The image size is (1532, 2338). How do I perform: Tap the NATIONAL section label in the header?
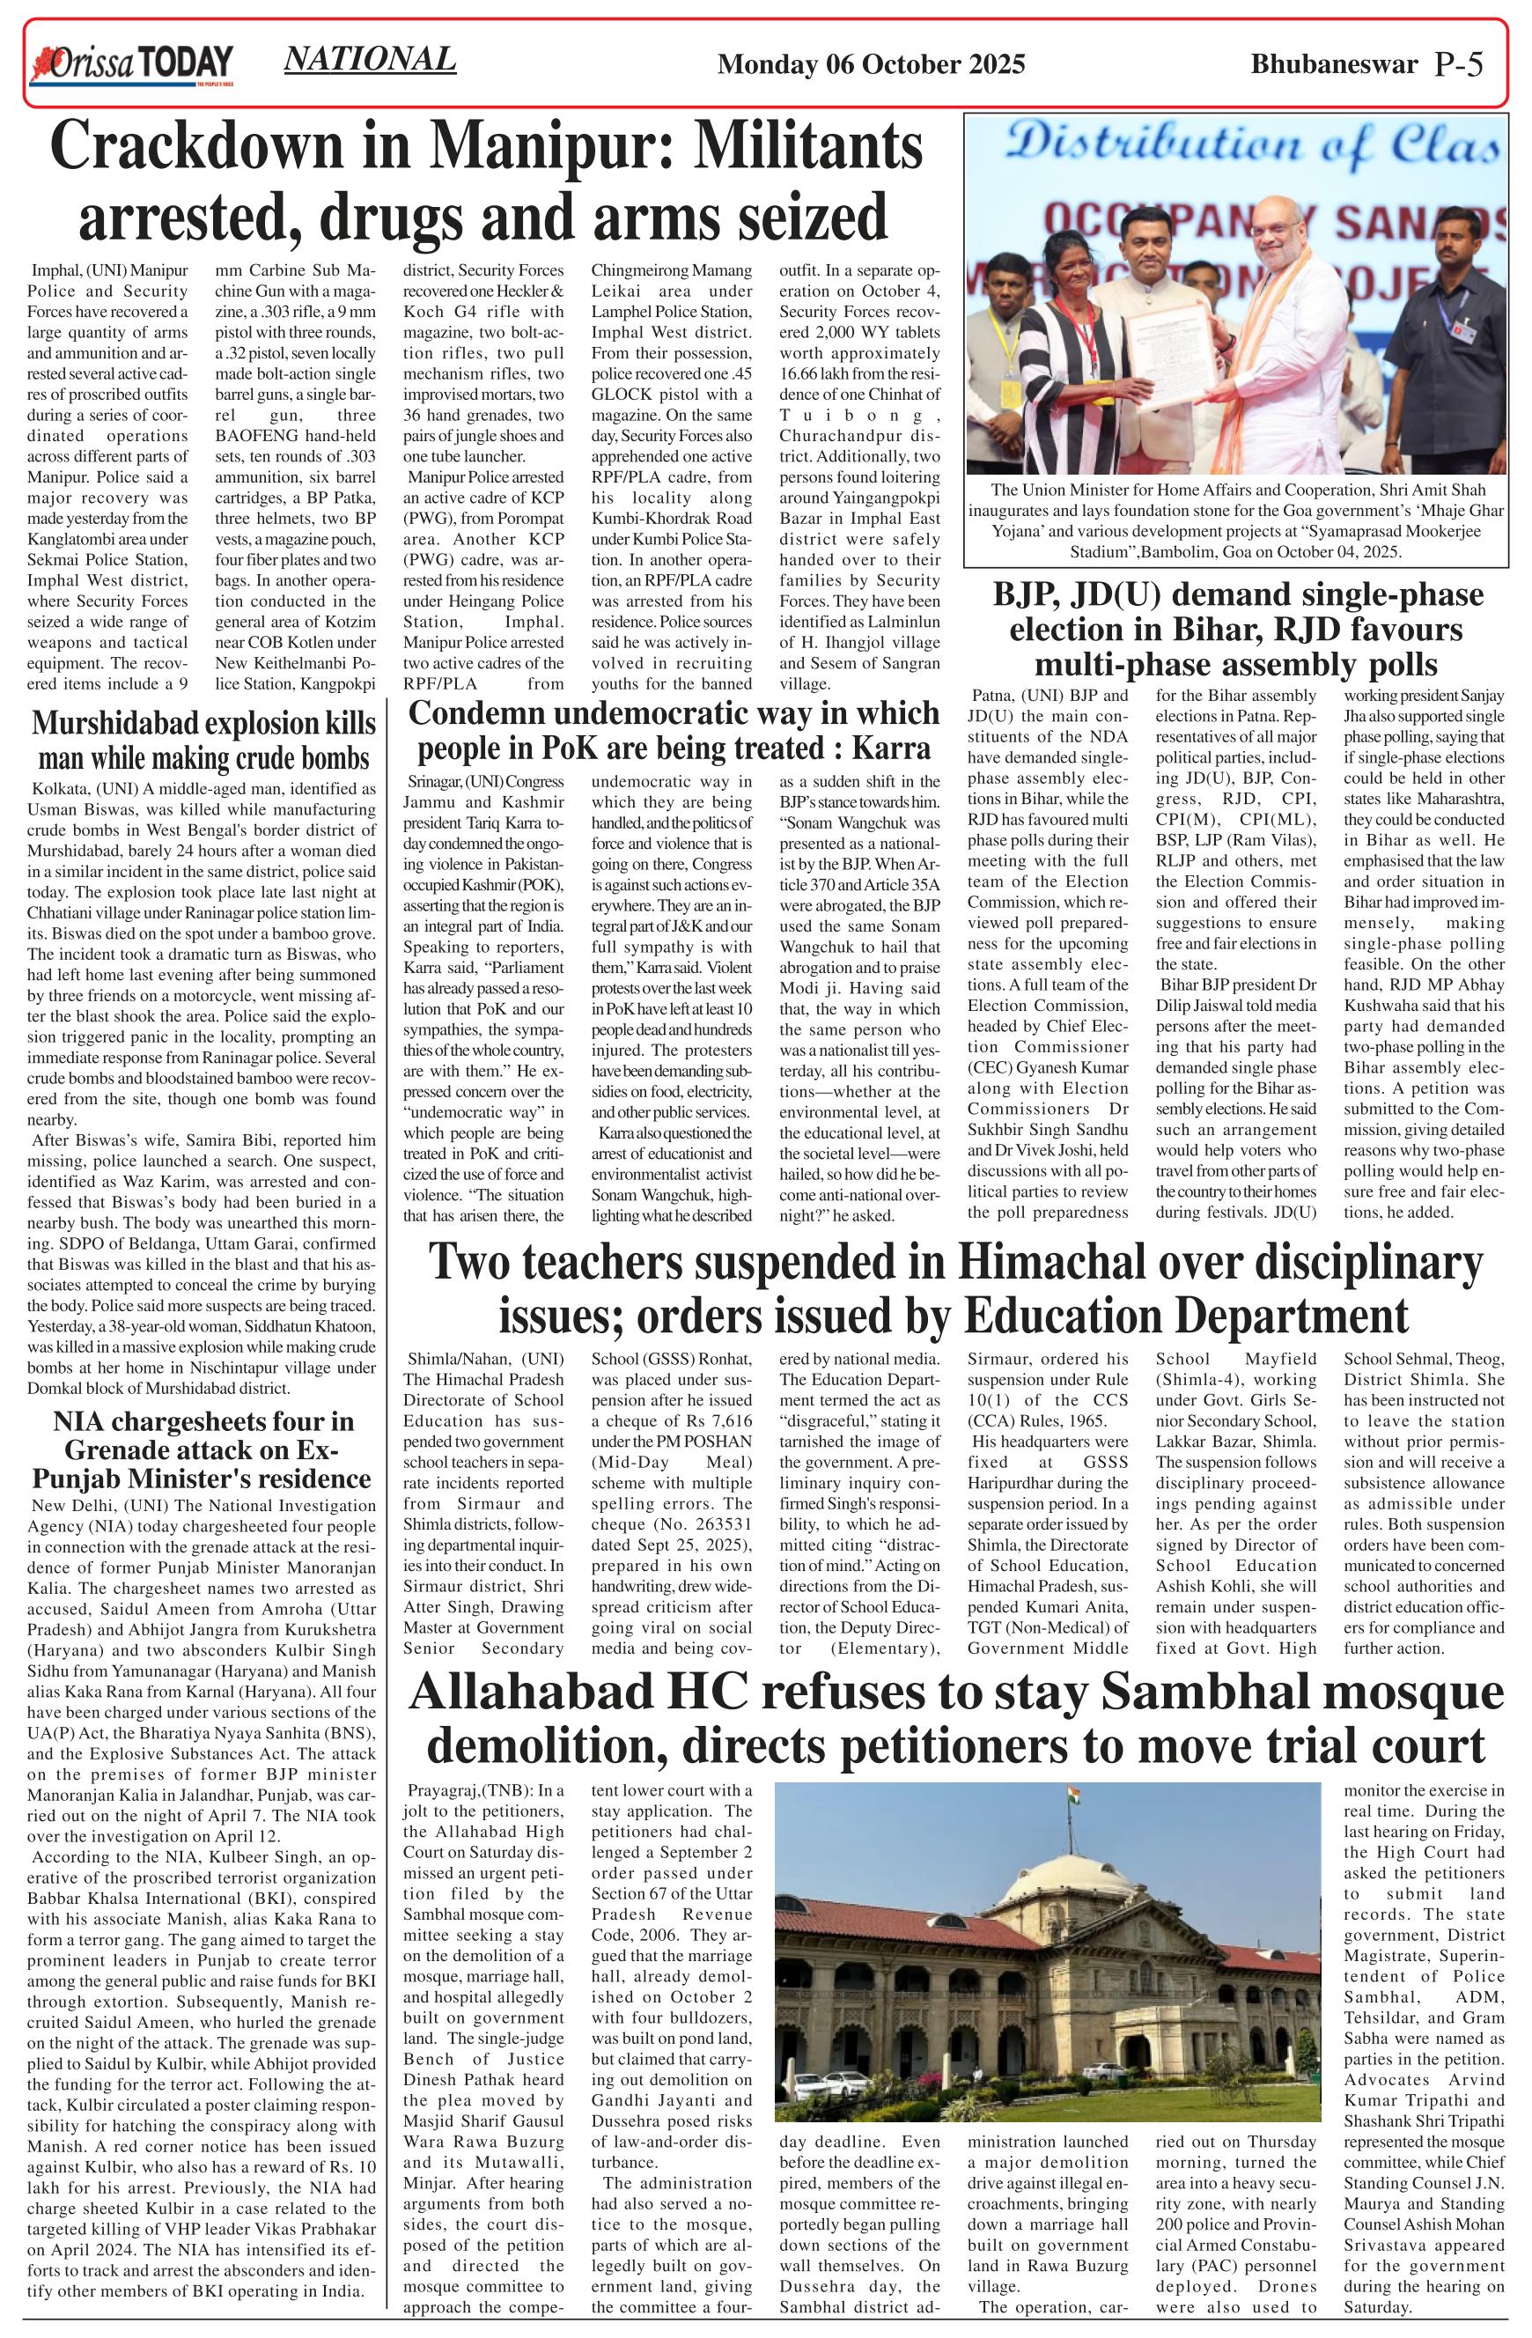pyautogui.click(x=369, y=59)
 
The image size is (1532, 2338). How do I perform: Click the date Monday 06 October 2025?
pyautogui.click(x=871, y=65)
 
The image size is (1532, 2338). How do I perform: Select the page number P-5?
pyautogui.click(x=1457, y=65)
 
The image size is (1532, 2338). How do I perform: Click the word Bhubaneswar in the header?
pyautogui.click(x=1334, y=65)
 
